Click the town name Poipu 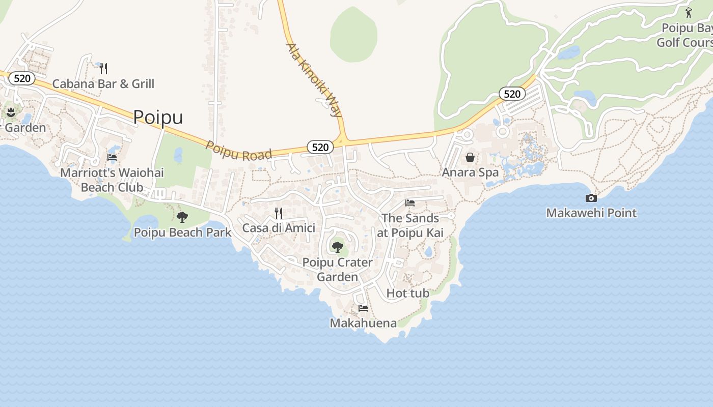pyautogui.click(x=158, y=117)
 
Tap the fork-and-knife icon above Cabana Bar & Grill pyautogui.click(x=103, y=69)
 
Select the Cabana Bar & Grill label pyautogui.click(x=103, y=84)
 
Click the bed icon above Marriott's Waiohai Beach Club pyautogui.click(x=112, y=158)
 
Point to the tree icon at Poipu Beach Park pyautogui.click(x=182, y=217)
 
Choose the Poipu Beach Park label pyautogui.click(x=182, y=232)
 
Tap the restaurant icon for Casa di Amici pyautogui.click(x=279, y=213)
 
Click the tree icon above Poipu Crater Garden pyautogui.click(x=337, y=247)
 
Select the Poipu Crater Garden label pyautogui.click(x=338, y=270)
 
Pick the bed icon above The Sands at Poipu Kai pyautogui.click(x=410, y=203)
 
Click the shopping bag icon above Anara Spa pyautogui.click(x=470, y=157)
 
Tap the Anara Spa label pyautogui.click(x=470, y=172)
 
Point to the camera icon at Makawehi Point pyautogui.click(x=591, y=198)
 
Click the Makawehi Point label pyautogui.click(x=591, y=213)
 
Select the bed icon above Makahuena pyautogui.click(x=363, y=308)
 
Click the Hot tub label pyautogui.click(x=408, y=293)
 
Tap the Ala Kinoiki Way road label pyautogui.click(x=314, y=80)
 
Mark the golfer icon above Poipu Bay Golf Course pyautogui.click(x=689, y=13)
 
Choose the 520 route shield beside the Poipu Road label pyautogui.click(x=320, y=147)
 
